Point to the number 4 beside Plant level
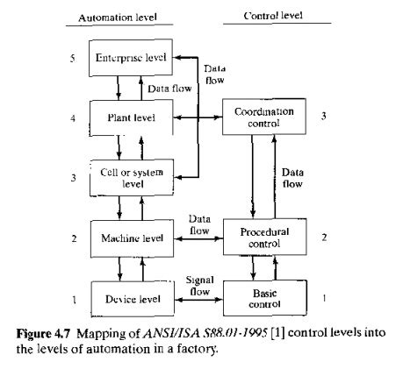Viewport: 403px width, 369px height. point(75,117)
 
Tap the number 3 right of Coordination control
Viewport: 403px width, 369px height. point(324,117)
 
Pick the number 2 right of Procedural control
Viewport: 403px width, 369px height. point(324,237)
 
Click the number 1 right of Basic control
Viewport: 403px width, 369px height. point(324,298)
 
